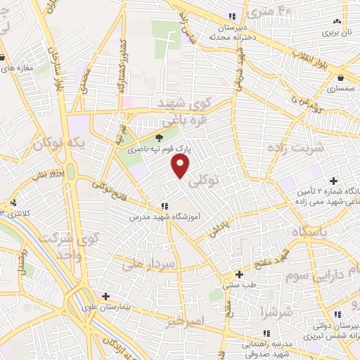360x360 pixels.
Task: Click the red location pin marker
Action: [x=181, y=166]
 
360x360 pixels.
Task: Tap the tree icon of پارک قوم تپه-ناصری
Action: [x=160, y=138]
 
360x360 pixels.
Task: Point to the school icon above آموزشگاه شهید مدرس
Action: [x=165, y=206]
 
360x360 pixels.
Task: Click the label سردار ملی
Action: [x=158, y=264]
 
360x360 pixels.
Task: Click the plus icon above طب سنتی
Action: [x=240, y=274]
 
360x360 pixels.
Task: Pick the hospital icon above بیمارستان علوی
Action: [x=105, y=297]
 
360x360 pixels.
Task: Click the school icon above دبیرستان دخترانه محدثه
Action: [x=232, y=17]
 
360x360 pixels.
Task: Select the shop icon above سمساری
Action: [x=341, y=77]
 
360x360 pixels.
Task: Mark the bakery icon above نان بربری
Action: [x=337, y=21]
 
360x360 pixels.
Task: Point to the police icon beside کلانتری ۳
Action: [x=14, y=203]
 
